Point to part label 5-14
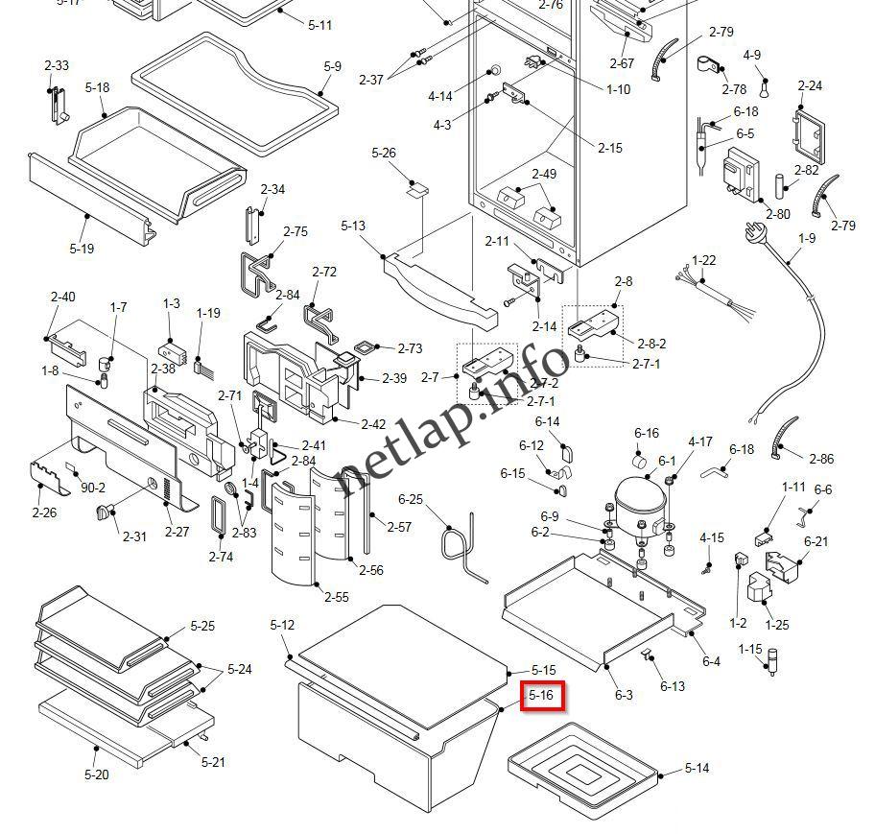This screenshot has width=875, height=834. coord(697,768)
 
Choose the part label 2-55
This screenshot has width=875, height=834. coord(336,597)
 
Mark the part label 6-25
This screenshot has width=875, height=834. coord(410,499)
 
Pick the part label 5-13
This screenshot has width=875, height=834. coord(353,226)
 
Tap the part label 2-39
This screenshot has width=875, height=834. coord(393,379)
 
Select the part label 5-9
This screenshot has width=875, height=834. coord(332,66)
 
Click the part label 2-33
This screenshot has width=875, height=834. coord(57,65)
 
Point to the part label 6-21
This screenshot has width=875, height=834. coord(816,542)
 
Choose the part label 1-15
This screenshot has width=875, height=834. coord(750,650)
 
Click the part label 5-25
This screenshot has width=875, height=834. coord(202,626)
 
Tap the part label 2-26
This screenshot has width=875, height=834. coord(44,512)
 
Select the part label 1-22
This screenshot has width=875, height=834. coord(704,260)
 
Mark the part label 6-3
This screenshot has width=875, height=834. coord(624,695)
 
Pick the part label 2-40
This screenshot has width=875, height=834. coord(62,298)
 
